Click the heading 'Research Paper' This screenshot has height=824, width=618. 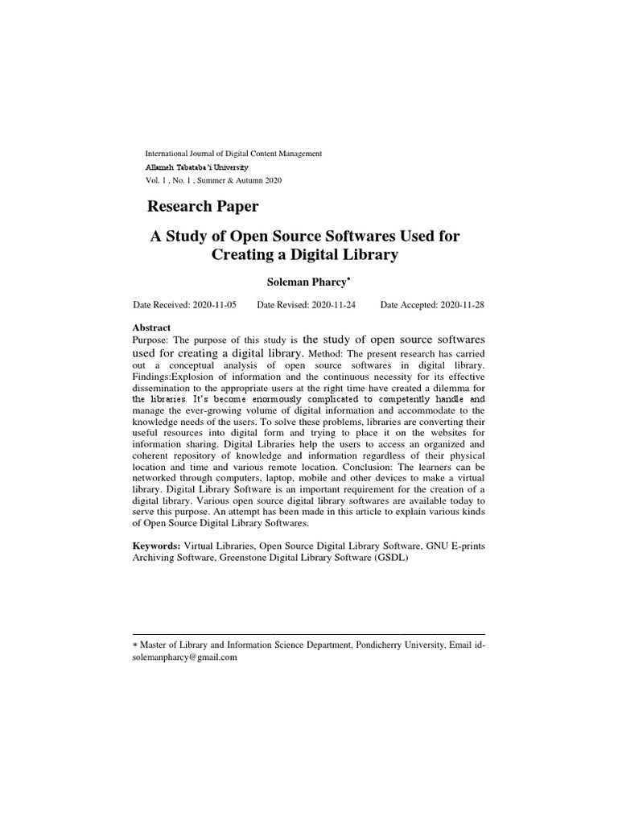tap(203, 207)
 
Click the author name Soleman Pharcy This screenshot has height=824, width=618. tap(309, 282)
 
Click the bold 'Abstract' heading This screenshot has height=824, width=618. tap(151, 328)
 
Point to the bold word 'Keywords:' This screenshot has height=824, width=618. tap(157, 546)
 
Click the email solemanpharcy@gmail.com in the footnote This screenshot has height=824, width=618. tap(184, 657)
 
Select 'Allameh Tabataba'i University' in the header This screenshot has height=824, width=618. tap(196, 167)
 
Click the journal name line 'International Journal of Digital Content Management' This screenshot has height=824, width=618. tap(233, 153)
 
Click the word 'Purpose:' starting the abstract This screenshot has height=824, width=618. tap(150, 340)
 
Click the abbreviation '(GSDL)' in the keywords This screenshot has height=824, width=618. tap(390, 558)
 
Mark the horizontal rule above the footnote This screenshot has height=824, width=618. tap(309, 634)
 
